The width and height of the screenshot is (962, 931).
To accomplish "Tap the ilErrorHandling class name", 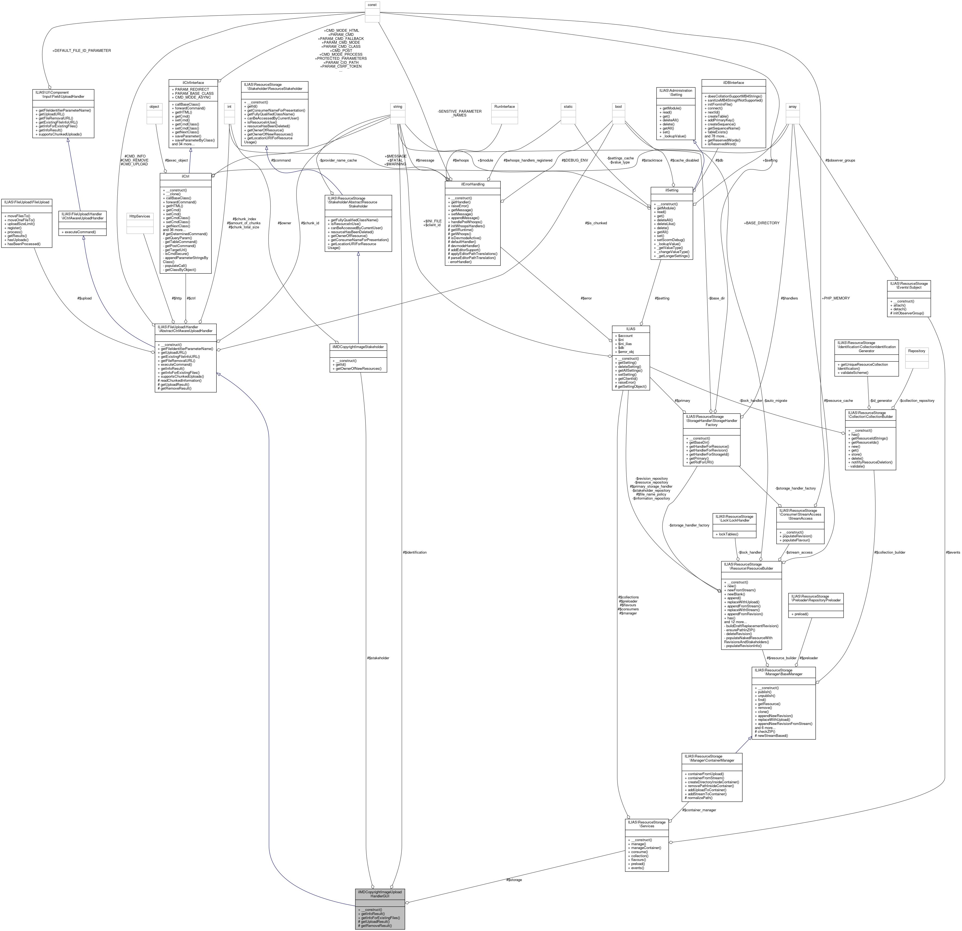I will click(472, 184).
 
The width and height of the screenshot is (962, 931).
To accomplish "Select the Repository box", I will click(916, 351).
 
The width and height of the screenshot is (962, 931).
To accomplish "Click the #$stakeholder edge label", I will click(378, 658).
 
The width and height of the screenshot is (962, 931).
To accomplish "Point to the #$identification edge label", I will click(414, 552).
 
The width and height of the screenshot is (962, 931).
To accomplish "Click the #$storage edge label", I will click(514, 879).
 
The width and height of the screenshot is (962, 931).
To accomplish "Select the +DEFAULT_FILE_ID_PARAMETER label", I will click(81, 51).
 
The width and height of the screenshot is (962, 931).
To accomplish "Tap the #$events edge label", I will click(953, 552).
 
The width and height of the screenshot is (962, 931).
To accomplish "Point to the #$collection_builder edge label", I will click(889, 552).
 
